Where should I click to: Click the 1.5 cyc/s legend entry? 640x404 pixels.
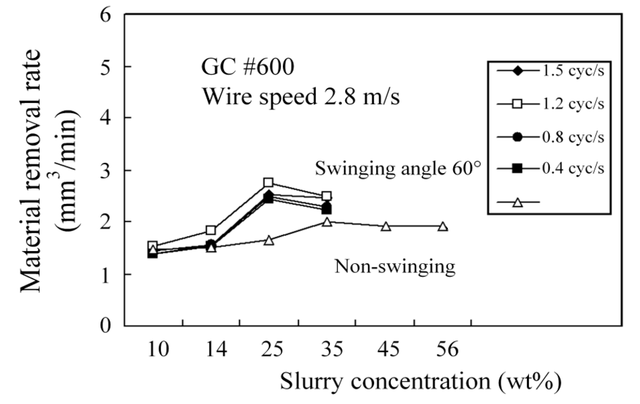[550, 71]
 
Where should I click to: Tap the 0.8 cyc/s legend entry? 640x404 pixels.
[550, 137]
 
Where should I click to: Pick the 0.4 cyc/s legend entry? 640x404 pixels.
[550, 169]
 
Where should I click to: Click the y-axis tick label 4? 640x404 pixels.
[105, 117]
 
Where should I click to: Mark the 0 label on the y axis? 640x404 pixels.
[105, 326]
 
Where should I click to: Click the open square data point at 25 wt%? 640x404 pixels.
[268, 182]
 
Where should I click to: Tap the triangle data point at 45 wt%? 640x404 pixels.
[386, 227]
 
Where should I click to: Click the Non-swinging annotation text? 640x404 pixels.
[395, 267]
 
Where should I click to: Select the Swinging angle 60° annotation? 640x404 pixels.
[398, 169]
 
